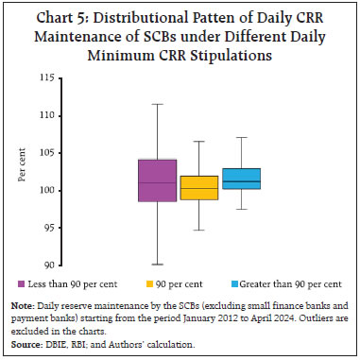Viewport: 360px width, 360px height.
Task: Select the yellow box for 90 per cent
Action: [198, 187]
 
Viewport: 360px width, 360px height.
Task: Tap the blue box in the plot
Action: [241, 179]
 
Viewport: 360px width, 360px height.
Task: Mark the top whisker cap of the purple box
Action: [157, 104]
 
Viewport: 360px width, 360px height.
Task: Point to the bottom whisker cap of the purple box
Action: [157, 265]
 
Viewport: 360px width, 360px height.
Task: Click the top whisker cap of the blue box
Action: [241, 137]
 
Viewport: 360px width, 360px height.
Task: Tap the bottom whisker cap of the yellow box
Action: [198, 230]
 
